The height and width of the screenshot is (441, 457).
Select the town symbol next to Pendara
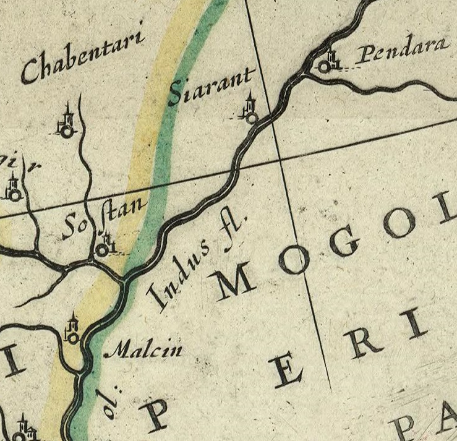tap(327, 63)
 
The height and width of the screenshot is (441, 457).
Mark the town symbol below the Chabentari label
tap(67, 124)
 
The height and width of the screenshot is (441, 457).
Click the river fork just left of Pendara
tap(304, 73)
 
